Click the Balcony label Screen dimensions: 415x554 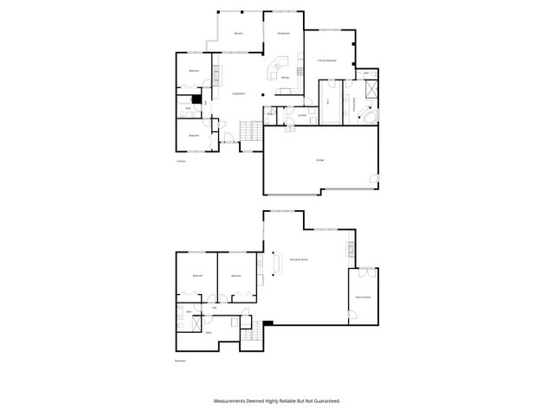coord(238,33)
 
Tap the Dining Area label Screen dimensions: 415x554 coord(283,33)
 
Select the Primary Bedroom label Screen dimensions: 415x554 coord(326,61)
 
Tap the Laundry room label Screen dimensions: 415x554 coord(302,114)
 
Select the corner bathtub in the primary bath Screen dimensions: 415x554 coord(369,116)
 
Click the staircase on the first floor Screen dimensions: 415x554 coord(249,131)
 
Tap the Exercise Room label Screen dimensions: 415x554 coord(363,297)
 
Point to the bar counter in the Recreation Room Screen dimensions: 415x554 coord(275,261)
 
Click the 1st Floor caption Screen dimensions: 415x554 coord(182,162)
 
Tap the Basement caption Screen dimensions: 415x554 coord(181,361)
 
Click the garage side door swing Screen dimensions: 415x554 coord(374,180)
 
